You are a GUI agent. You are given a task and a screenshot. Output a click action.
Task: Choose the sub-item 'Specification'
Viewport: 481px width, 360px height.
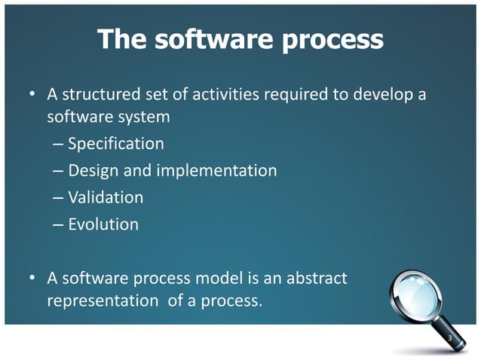pyautogui.click(x=115, y=144)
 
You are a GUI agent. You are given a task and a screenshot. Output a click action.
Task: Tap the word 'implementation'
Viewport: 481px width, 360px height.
pyautogui.click(x=216, y=171)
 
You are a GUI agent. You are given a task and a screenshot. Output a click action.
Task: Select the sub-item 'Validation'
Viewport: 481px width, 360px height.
pyautogui.click(x=106, y=197)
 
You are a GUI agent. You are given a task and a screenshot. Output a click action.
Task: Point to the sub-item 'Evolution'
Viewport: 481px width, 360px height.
pyautogui.click(x=103, y=224)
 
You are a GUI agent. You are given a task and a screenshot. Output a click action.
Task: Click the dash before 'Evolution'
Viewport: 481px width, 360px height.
pyautogui.click(x=58, y=224)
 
